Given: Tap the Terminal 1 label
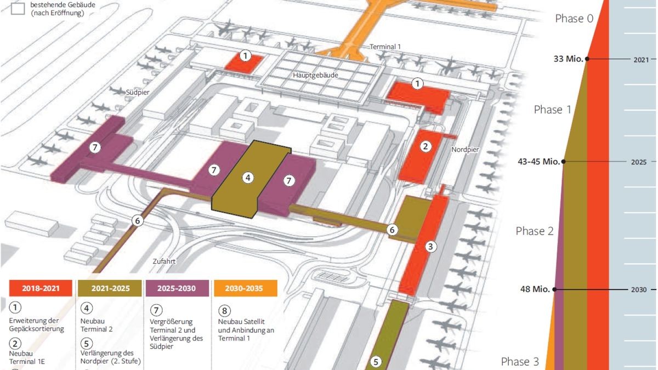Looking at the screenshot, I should coord(385,47).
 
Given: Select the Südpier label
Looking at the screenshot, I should coord(138,93).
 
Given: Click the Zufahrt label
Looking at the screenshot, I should coord(164,262).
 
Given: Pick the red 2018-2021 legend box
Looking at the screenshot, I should coord(41,288).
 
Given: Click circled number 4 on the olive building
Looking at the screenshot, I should coord(248,178).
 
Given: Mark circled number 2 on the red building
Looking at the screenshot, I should coord(425,146).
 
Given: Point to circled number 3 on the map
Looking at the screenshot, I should coord(430,247).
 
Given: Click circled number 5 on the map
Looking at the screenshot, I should coord(376,362).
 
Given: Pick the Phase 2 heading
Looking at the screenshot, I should coord(535,231).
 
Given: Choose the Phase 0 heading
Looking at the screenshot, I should coord(574,19).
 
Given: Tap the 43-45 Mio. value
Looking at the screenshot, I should coord(538,162).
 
